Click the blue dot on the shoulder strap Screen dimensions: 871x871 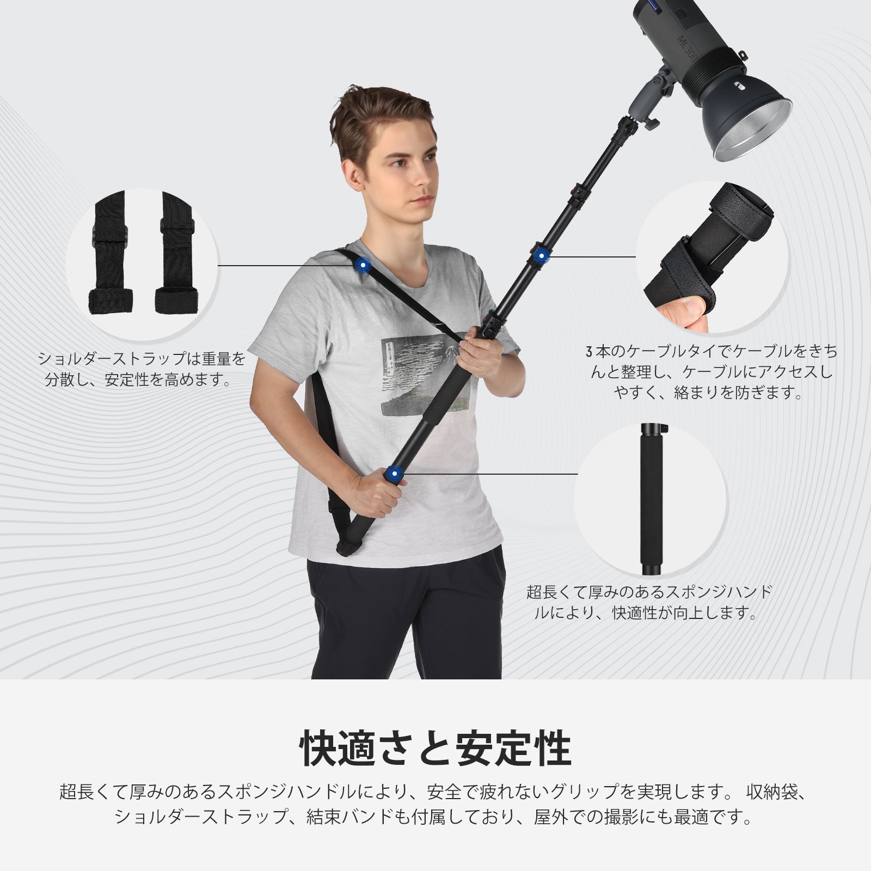[361, 265]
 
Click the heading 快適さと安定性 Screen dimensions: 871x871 [436, 749]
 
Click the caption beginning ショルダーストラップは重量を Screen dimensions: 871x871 [141, 369]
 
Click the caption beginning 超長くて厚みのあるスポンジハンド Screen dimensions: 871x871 [649, 602]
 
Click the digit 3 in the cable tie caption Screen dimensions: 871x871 [588, 352]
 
